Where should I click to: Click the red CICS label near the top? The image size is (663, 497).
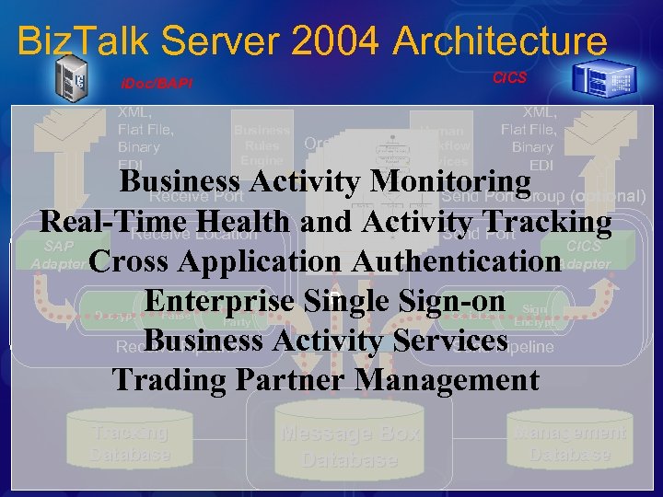click(x=509, y=78)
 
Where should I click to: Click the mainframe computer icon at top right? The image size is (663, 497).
click(x=599, y=80)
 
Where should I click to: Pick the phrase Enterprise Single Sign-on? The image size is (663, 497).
click(x=324, y=301)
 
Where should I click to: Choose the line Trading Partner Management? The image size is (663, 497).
click(x=324, y=379)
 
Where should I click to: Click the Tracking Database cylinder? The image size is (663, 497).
click(x=130, y=443)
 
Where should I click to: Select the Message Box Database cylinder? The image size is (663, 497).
click(x=350, y=445)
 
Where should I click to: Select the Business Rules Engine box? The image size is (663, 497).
click(x=262, y=145)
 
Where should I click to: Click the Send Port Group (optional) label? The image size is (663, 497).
click(x=543, y=196)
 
